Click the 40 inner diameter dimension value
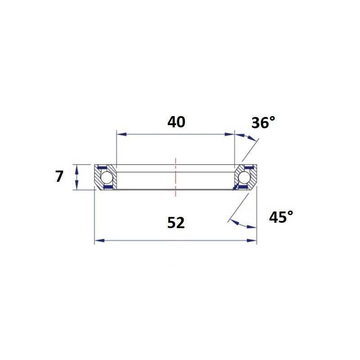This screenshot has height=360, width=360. point(176,122)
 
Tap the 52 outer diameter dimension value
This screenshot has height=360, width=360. point(176,223)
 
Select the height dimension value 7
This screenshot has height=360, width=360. point(59,176)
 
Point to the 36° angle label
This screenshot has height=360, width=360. point(263,122)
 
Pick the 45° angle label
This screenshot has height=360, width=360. point(281,217)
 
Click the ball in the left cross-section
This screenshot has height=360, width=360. point(107,177)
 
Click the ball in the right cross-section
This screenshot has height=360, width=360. point(244,177)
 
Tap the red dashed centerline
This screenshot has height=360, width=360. point(175,177)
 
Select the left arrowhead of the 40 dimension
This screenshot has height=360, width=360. point(121,134)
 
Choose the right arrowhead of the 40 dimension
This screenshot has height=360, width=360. point(229,134)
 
